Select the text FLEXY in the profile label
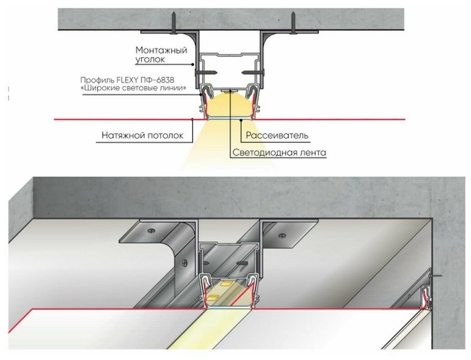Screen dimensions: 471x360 pyautogui.click(x=132, y=79)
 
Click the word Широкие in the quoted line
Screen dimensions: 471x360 pyautogui.click(x=101, y=88)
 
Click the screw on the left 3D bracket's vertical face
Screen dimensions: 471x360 pyautogui.click(x=184, y=261)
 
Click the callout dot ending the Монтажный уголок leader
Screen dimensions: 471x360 pyautogui.click(x=197, y=64)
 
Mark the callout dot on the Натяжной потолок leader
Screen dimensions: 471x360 pyautogui.click(x=193, y=119)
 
